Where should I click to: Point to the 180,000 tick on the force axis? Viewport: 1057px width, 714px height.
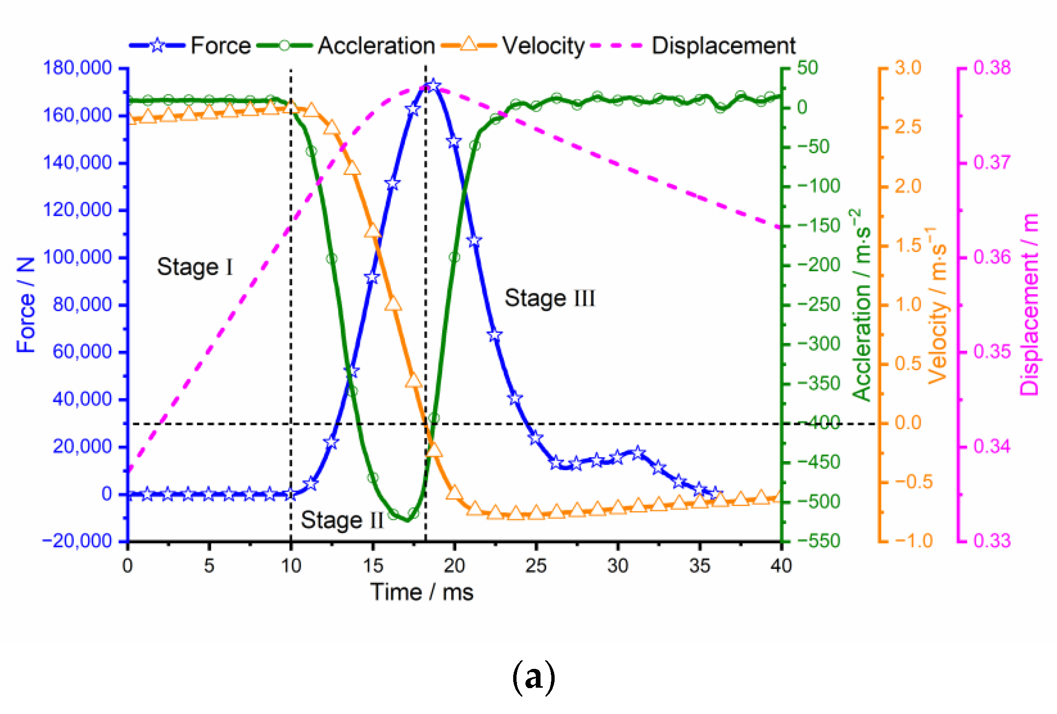[x=78, y=68]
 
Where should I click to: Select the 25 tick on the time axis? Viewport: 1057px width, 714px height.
[x=536, y=565]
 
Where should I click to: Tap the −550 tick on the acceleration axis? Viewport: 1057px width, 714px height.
[x=818, y=541]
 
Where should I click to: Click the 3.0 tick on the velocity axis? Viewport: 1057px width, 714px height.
[x=907, y=68]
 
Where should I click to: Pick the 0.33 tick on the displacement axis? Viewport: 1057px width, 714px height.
[x=992, y=541]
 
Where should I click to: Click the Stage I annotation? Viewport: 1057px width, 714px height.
[x=195, y=267]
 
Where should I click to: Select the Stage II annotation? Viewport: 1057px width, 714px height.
[x=342, y=520]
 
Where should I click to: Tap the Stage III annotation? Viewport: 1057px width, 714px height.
[x=549, y=298]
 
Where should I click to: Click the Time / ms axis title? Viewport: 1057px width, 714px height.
[x=421, y=592]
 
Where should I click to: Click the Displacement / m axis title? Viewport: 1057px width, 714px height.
[x=1029, y=305]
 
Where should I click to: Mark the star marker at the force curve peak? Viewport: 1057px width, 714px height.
[x=433, y=86]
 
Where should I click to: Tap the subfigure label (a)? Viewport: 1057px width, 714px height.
[x=533, y=678]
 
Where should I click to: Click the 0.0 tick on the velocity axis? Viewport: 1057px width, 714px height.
[x=907, y=423]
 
